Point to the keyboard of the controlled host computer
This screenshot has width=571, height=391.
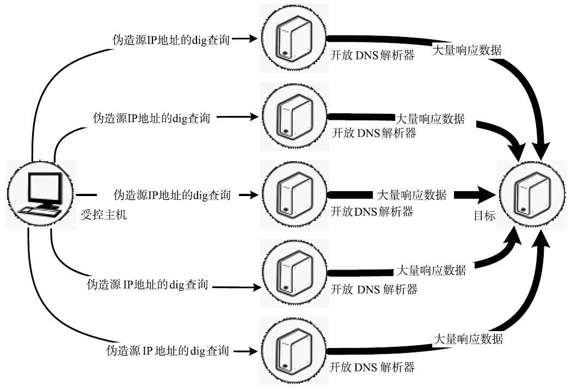[x=40, y=212]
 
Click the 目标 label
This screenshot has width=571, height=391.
[x=484, y=216]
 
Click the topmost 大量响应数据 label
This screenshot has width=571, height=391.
[x=466, y=50]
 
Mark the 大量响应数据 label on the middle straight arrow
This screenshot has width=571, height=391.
[x=412, y=194]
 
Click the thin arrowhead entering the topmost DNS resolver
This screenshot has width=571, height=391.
[x=253, y=39]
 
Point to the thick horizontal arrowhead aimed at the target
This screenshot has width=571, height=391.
[x=487, y=194]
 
